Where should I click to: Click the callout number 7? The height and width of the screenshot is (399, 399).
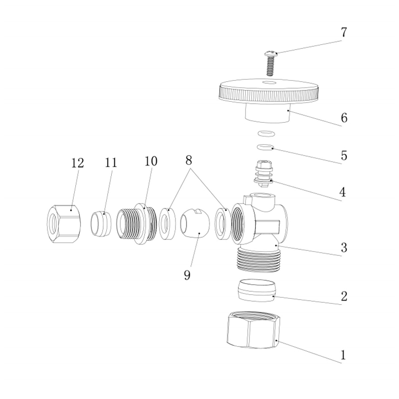[344, 32]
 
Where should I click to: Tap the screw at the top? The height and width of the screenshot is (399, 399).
[270, 63]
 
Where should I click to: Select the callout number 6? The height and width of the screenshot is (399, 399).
[344, 118]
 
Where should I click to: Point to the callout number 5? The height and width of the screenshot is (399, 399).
[344, 155]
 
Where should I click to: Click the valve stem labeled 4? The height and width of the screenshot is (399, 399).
[263, 174]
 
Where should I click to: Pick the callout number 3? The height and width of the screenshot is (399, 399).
[344, 247]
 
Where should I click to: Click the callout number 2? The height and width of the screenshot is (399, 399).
[344, 296]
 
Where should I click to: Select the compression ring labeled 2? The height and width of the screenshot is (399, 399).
[257, 290]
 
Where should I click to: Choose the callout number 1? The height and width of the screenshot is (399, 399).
[344, 355]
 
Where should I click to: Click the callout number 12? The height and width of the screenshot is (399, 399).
[77, 163]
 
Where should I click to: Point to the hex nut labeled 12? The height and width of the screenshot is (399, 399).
[64, 224]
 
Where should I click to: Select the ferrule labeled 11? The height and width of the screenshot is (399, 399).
[101, 223]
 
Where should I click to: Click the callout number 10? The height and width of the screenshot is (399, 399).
[151, 161]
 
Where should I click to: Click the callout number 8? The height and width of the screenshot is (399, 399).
[189, 161]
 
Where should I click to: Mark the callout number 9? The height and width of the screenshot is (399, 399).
[187, 275]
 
